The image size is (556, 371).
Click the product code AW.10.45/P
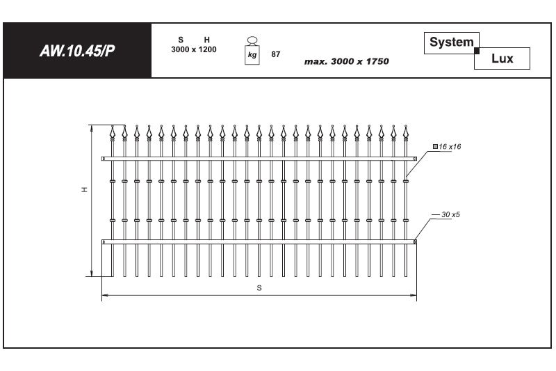coord(77,51)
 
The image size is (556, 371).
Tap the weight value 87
coord(275,54)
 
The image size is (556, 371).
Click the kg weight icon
coord(252,51)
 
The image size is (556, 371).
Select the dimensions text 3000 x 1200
coord(194,49)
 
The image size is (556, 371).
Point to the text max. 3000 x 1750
coord(346,61)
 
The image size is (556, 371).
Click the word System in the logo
coord(451,42)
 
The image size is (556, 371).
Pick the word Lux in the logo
coord(502,58)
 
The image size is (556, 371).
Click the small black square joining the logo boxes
coord(477,51)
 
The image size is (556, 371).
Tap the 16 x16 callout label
coord(450,147)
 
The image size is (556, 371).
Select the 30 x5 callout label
coord(450,214)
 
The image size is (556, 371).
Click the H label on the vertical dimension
coord(84,189)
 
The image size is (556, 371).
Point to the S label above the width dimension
coord(259,288)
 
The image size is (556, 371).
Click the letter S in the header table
coord(181,40)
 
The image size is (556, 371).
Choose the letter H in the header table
coord(206,40)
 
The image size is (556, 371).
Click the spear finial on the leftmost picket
coord(113,132)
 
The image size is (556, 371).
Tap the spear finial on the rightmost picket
coord(406,132)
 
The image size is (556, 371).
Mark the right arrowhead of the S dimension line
coord(414,295)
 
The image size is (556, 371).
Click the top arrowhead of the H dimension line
coord(92,128)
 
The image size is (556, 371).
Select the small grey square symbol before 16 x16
coord(435,146)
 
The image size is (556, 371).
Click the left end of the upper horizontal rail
coord(102,159)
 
